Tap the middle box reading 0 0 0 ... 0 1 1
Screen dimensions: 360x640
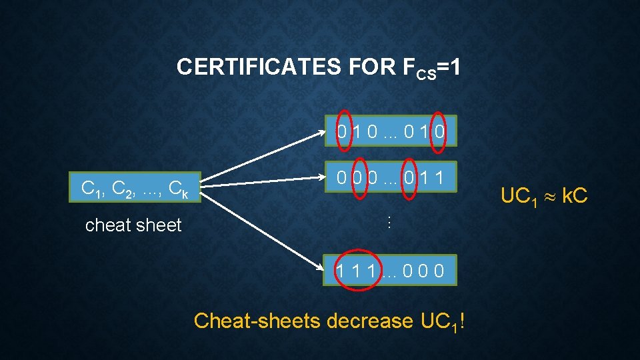[391, 178]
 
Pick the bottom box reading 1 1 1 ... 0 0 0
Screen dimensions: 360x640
[391, 271]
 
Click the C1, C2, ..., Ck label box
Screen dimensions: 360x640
[133, 190]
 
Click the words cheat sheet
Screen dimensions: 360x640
[133, 225]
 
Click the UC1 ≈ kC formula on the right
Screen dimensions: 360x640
[544, 196]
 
